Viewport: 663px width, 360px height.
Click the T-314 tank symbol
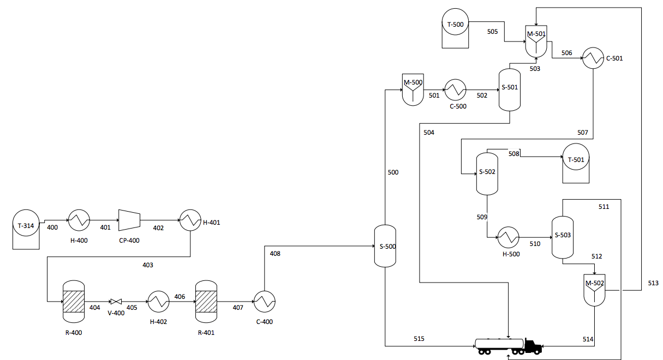click(x=26, y=229)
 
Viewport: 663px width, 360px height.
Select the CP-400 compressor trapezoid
click(x=129, y=220)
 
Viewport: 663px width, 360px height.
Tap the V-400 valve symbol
click(x=116, y=301)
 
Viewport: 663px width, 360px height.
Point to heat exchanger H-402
click(x=158, y=301)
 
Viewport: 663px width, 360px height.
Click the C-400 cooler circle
click(x=264, y=301)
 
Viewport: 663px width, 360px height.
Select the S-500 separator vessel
click(x=385, y=246)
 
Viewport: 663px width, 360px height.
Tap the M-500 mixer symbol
click(x=413, y=89)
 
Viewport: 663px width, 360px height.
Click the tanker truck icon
click(x=507, y=346)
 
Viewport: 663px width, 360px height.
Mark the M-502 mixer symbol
click(x=594, y=289)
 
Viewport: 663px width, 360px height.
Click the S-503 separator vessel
click(x=563, y=237)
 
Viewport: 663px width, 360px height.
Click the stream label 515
click(x=419, y=339)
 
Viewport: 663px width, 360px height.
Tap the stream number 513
click(x=653, y=283)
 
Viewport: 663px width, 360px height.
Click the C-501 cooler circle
click(x=593, y=58)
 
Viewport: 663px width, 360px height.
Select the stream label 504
click(x=428, y=133)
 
